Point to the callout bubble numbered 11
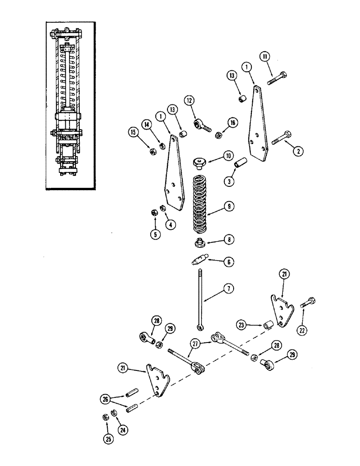coord(265,58)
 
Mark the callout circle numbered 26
coord(105,399)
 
